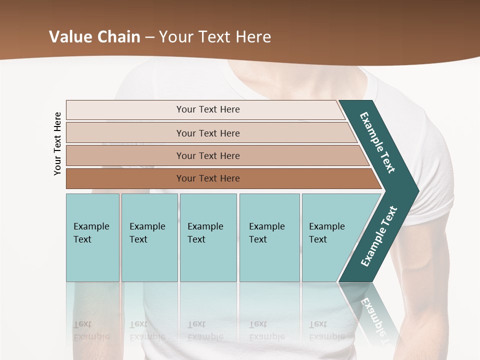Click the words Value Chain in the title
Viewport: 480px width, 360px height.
tap(94, 37)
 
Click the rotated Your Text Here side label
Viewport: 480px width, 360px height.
tap(57, 143)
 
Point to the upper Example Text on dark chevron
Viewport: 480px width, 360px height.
tap(377, 142)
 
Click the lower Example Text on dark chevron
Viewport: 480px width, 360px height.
tap(379, 236)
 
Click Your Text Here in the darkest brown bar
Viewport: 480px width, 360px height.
tap(208, 178)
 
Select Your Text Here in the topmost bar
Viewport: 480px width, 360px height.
tap(208, 109)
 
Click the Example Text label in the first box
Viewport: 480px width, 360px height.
tap(91, 233)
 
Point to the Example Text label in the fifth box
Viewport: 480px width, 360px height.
tap(326, 233)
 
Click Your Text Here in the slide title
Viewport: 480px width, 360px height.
tap(215, 37)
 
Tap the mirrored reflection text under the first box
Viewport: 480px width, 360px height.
tap(91, 330)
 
